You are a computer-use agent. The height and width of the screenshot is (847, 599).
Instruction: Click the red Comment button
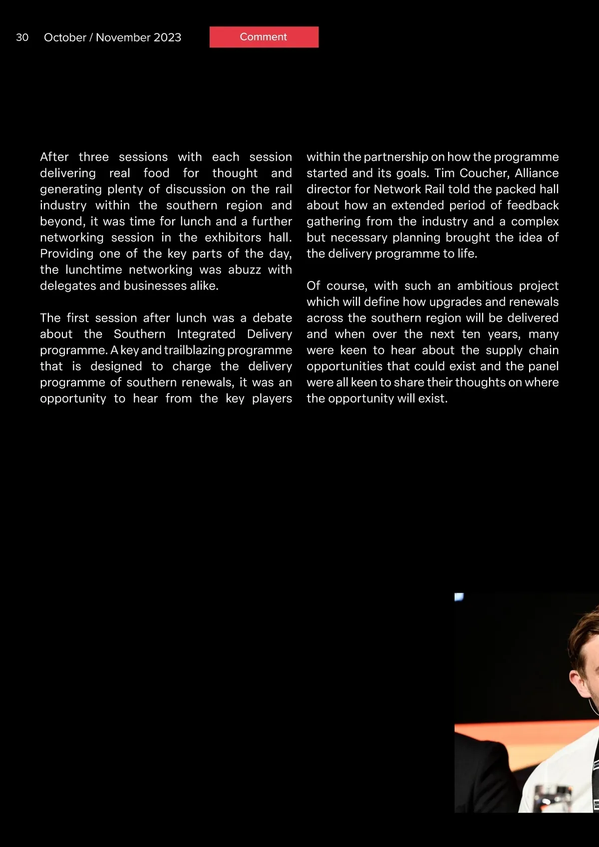pyautogui.click(x=264, y=37)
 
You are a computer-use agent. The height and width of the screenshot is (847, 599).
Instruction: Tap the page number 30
pyautogui.click(x=22, y=37)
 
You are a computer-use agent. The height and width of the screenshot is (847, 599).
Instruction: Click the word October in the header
pyautogui.click(x=65, y=37)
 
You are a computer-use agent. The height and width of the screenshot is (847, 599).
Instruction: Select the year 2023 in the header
pyautogui.click(x=167, y=37)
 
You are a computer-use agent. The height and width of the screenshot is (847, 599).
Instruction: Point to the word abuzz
pyautogui.click(x=245, y=270)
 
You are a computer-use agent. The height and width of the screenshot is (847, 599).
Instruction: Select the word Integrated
pyautogui.click(x=206, y=334)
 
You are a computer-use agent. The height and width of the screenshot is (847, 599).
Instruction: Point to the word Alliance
pyautogui.click(x=537, y=173)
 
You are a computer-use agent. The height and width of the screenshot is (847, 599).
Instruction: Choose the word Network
pyautogui.click(x=397, y=189)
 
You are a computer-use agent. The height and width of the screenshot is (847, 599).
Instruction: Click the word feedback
pyautogui.click(x=533, y=205)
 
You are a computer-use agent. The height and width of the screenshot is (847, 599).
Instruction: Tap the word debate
pyautogui.click(x=272, y=318)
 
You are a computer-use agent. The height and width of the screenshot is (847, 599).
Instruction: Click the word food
pyautogui.click(x=156, y=173)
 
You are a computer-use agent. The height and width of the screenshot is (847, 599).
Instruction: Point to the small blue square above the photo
pyautogui.click(x=459, y=597)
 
